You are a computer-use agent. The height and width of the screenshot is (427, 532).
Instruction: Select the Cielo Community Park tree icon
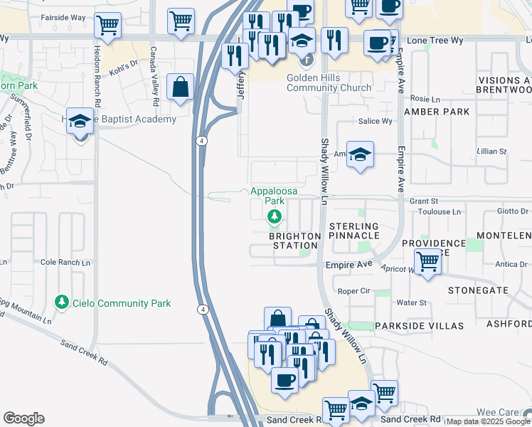tap(63, 303)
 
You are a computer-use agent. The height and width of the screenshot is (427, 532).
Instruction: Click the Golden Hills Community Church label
tap(329, 83)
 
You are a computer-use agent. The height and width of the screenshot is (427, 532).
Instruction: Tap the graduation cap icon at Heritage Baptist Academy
tap(80, 122)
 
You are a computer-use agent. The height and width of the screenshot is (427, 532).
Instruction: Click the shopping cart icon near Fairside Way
tap(107, 25)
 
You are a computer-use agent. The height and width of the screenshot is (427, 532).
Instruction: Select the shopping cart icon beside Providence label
tap(427, 261)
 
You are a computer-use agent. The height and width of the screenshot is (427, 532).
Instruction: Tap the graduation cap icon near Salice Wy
tap(361, 155)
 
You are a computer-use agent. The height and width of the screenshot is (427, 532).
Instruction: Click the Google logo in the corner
tap(23, 418)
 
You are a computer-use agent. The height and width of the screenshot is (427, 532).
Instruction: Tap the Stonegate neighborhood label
tap(478, 290)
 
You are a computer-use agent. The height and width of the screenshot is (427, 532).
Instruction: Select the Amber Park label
tap(447, 112)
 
